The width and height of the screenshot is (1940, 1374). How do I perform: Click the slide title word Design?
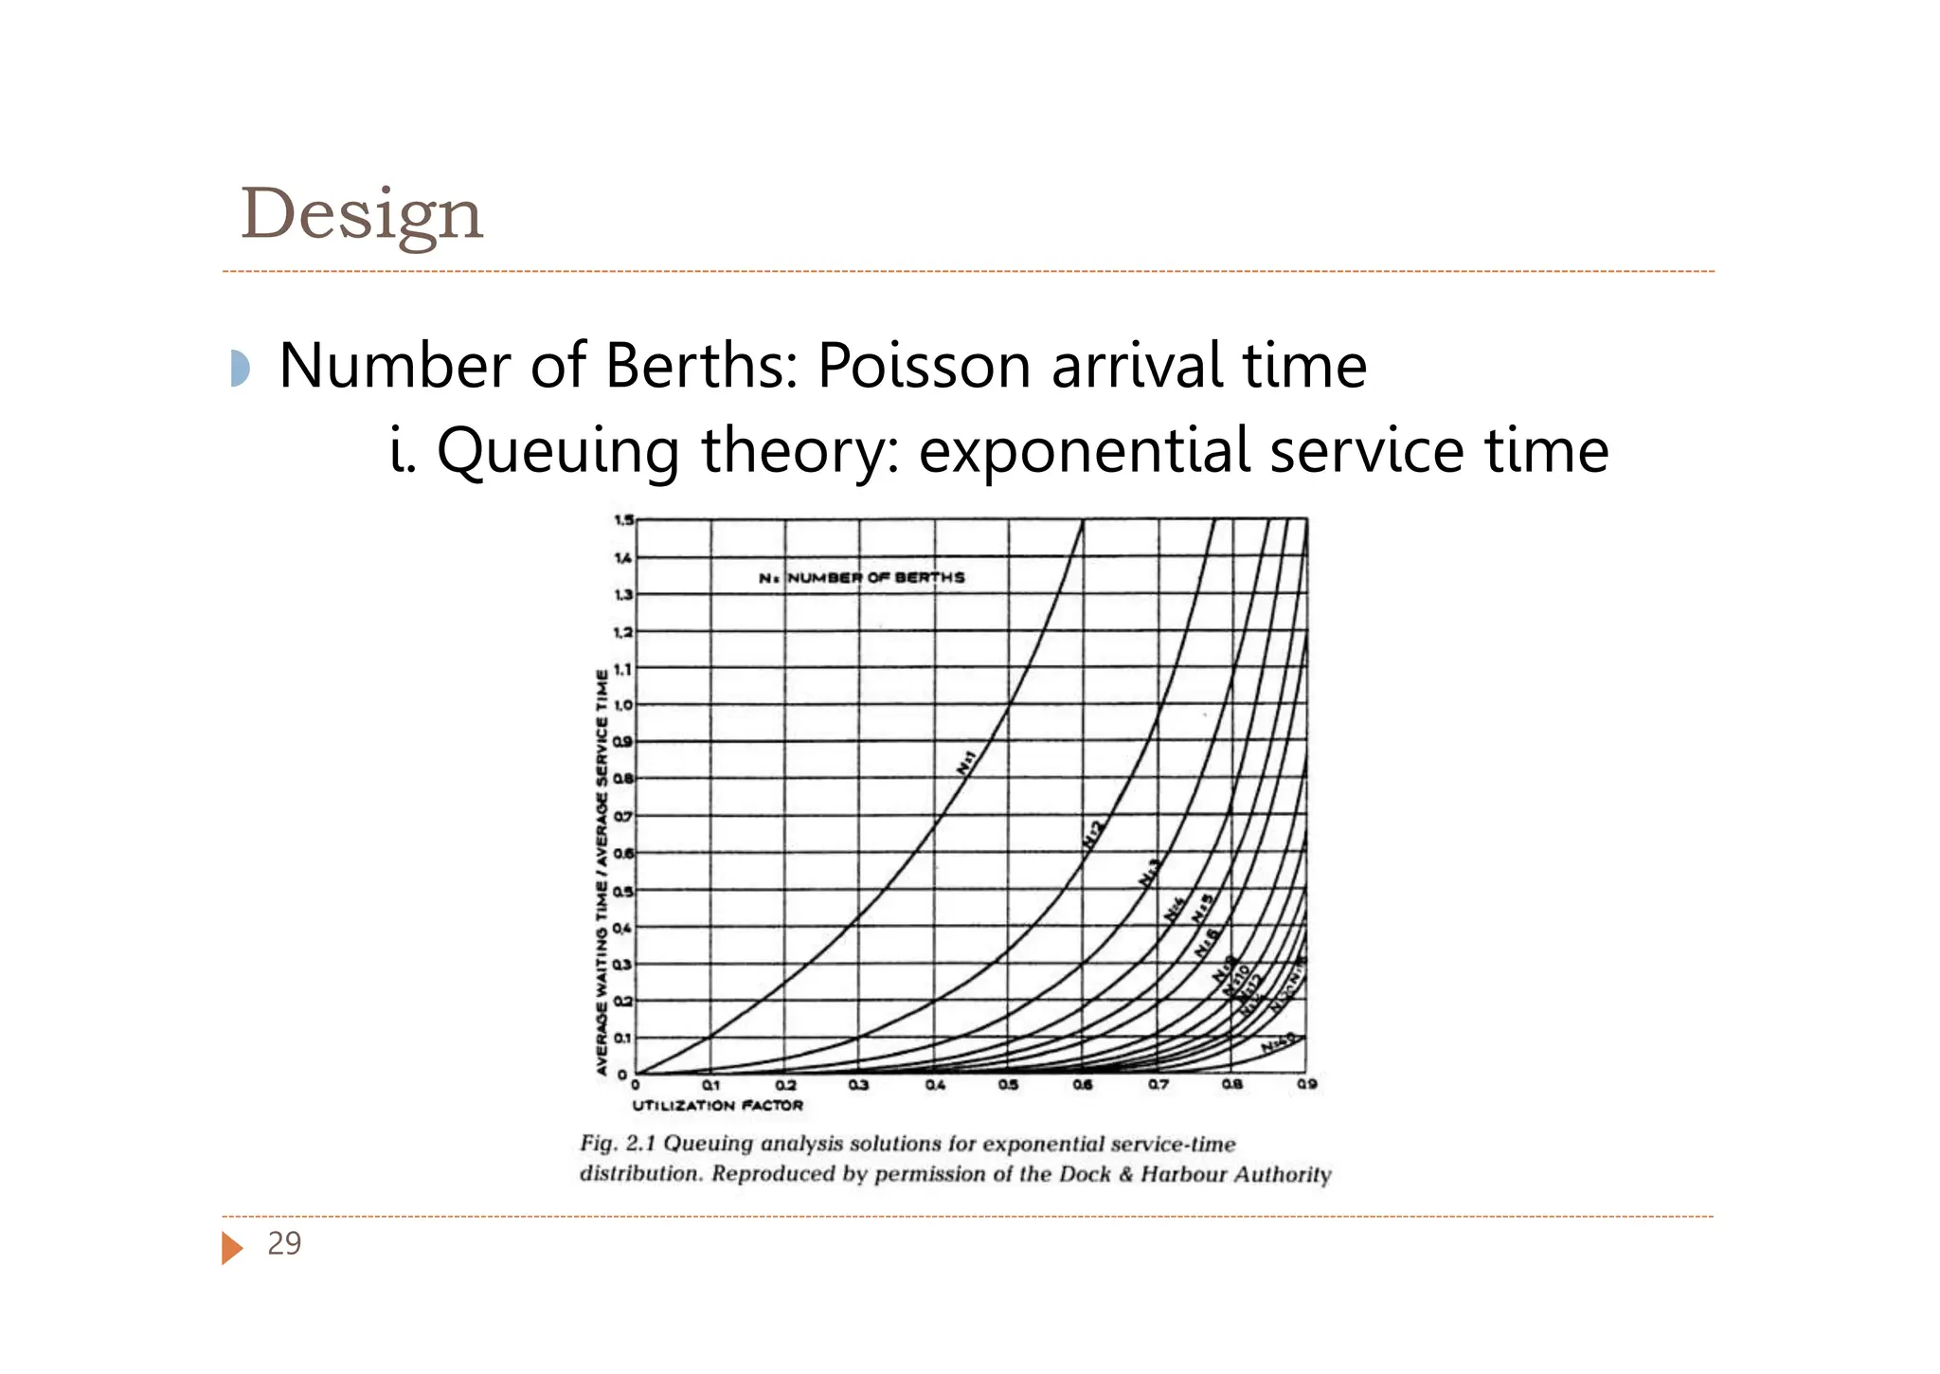[x=362, y=215]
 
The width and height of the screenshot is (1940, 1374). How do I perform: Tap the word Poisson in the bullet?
[x=924, y=366]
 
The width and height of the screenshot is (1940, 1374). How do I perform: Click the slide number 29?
[x=284, y=1243]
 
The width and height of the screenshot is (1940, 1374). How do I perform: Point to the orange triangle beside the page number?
[x=230, y=1247]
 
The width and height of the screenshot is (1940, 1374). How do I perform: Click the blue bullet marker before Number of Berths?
[x=240, y=368]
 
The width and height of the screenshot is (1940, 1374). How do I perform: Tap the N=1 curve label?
[x=966, y=762]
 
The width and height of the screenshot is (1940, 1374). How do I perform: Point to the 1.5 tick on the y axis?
[x=623, y=520]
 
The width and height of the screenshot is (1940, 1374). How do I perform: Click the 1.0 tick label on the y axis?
[x=623, y=705]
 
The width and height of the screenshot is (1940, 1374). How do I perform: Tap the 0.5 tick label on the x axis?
[x=1008, y=1085]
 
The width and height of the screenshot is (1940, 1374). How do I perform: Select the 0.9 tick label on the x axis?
[x=1307, y=1085]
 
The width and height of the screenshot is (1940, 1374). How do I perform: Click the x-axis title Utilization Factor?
[x=717, y=1106]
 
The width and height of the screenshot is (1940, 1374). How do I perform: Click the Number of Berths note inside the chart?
[x=862, y=577]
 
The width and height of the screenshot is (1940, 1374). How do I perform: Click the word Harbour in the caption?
[x=1179, y=1175]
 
